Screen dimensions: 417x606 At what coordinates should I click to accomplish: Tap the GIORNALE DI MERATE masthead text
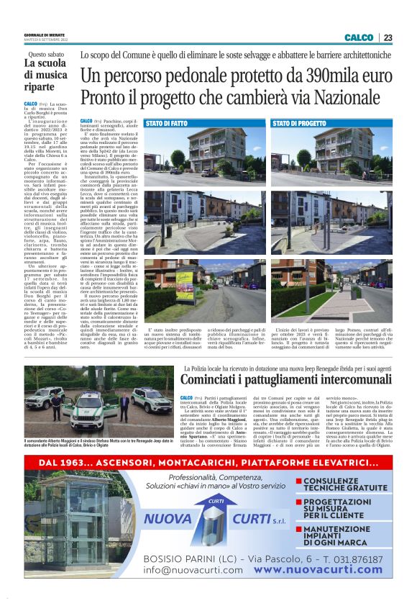coord(44,35)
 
